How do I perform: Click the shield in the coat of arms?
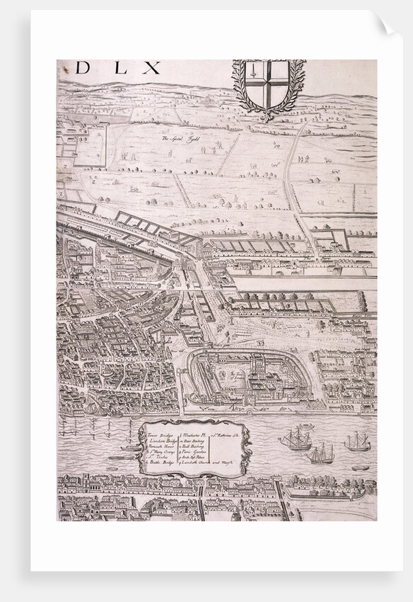tap(269, 84)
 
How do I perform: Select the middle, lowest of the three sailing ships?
tap(320, 453)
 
